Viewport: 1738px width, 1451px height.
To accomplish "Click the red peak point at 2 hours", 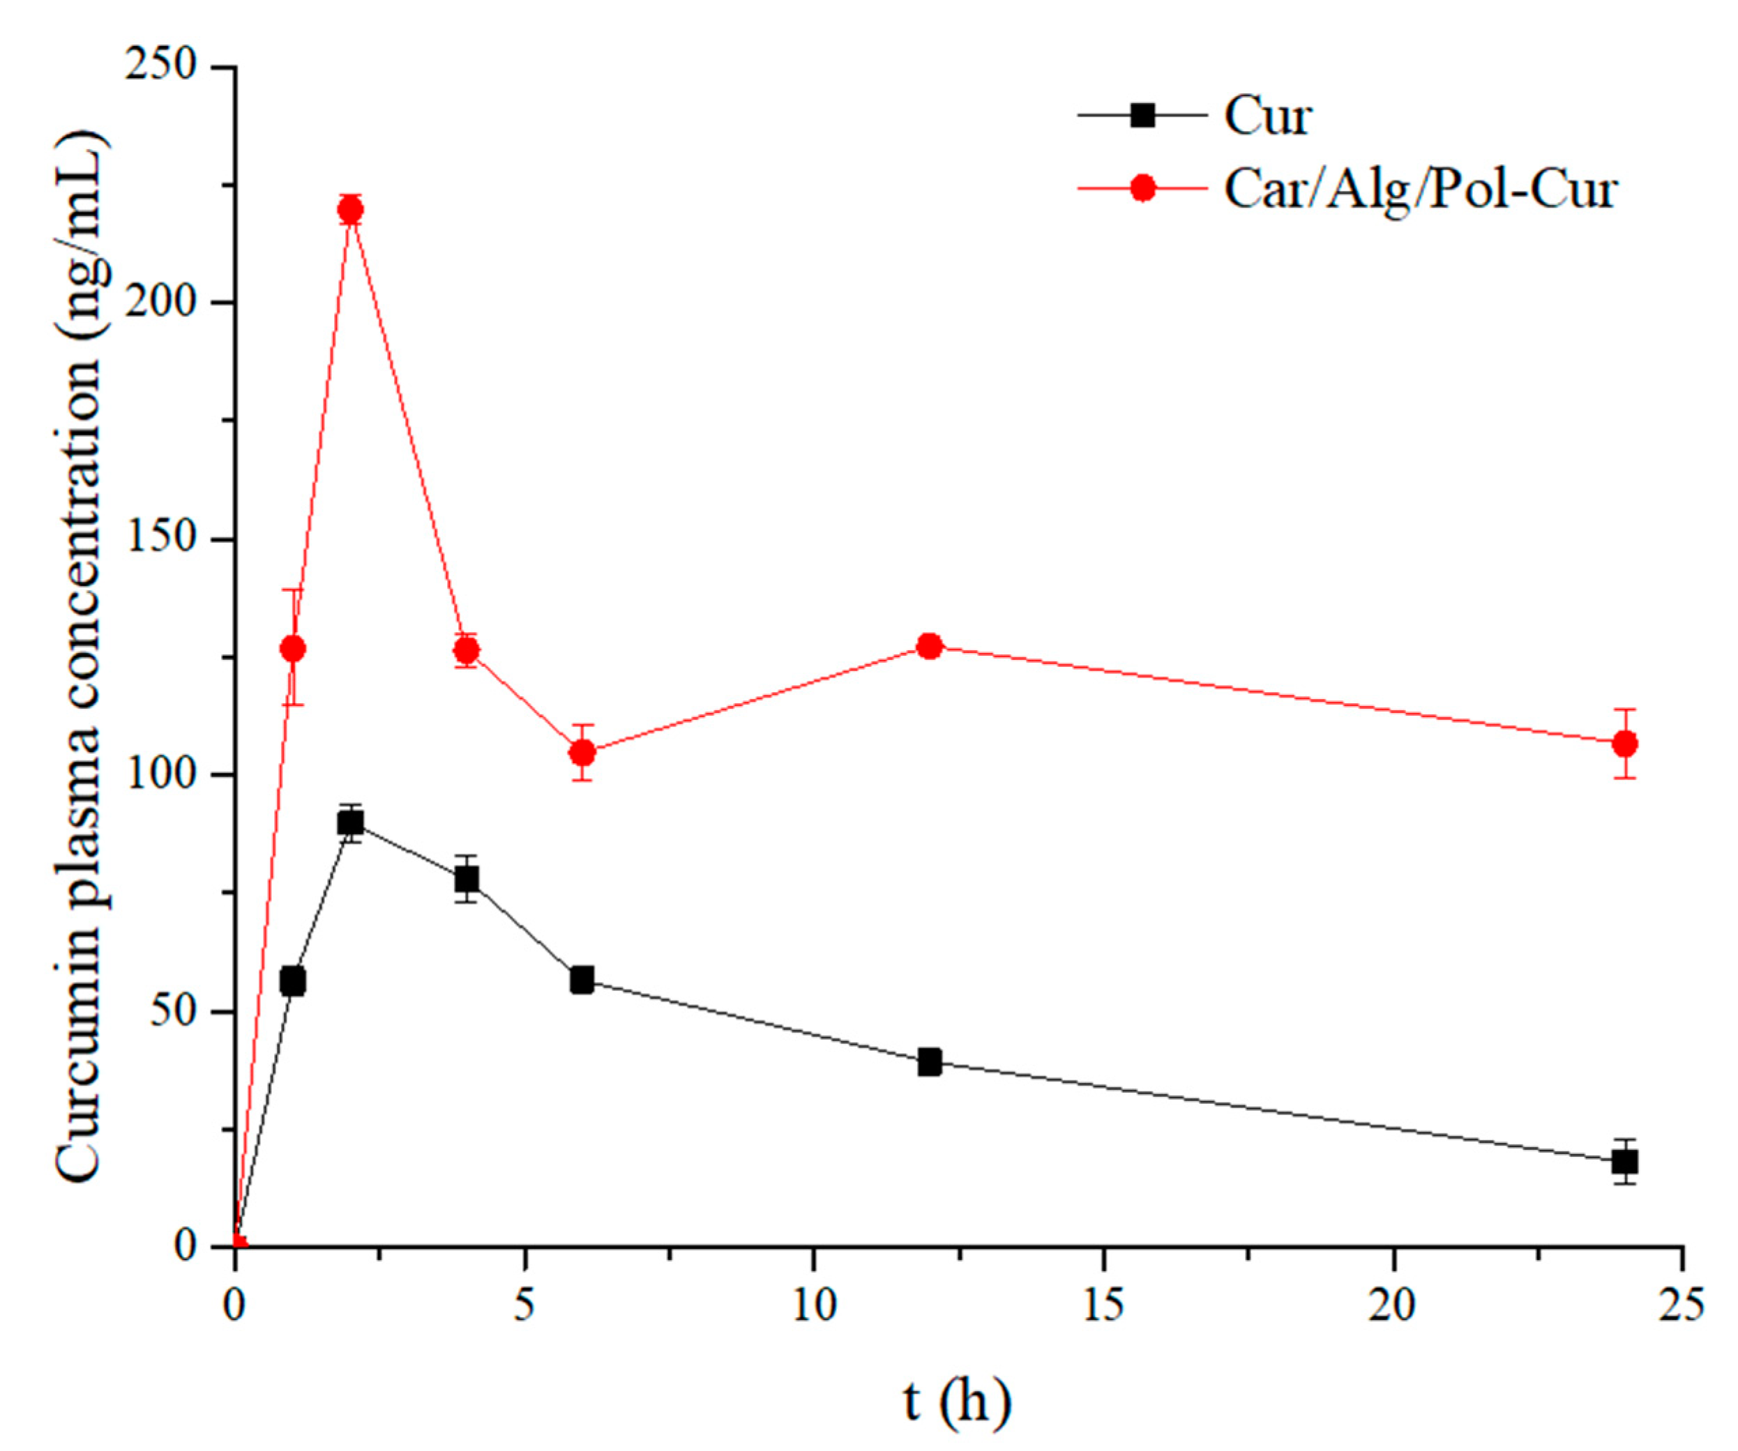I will tap(351, 209).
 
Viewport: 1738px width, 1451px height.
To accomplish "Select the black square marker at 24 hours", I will tap(1624, 1162).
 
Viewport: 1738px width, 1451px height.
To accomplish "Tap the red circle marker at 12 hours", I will tap(930, 645).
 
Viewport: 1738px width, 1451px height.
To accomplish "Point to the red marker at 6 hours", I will tap(582, 752).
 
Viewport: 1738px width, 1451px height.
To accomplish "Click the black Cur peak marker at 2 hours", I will tap(351, 822).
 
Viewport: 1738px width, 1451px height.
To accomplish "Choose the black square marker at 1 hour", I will tap(292, 982).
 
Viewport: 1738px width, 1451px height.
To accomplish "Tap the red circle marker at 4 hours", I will tap(467, 651).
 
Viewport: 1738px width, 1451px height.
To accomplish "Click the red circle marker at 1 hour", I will tap(293, 649).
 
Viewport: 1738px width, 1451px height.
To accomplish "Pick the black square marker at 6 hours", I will tap(582, 981).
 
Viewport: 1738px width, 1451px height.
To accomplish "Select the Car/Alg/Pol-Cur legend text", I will tap(1420, 190).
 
